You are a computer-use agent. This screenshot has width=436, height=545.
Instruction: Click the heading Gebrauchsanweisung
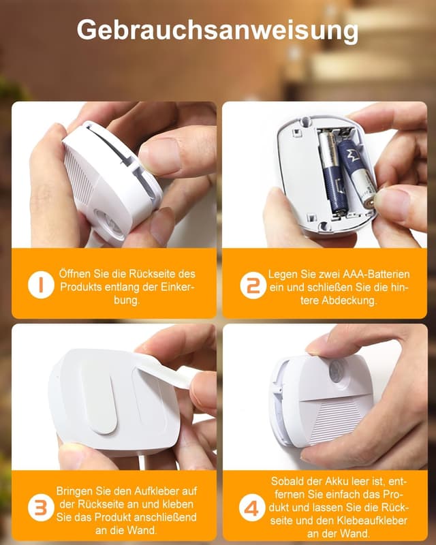[x=217, y=30]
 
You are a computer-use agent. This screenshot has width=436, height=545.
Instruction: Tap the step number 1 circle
[x=41, y=285]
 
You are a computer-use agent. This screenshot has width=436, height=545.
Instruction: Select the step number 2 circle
[x=253, y=285]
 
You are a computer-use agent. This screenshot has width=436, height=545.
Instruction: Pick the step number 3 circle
[x=41, y=508]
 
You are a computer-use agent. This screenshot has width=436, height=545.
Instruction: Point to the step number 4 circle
[x=252, y=508]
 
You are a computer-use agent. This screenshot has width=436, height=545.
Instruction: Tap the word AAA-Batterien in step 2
[x=376, y=275]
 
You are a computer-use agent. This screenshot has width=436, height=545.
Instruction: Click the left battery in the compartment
[x=332, y=170]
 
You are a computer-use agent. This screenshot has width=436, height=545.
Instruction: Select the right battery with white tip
[x=356, y=173]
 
